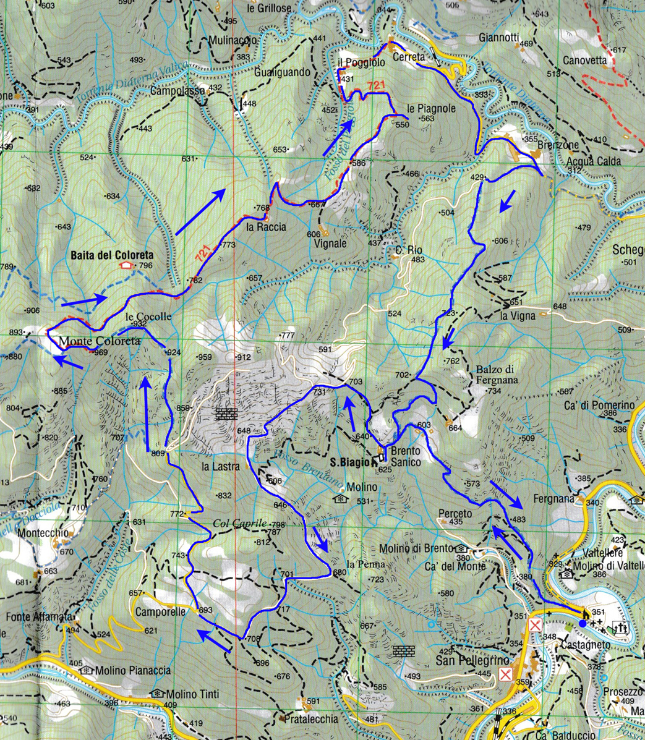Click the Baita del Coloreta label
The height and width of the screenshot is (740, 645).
(111, 255)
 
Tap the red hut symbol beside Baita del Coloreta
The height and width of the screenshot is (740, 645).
(127, 265)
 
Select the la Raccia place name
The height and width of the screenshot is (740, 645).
(266, 227)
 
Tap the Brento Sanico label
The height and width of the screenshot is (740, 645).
(405, 457)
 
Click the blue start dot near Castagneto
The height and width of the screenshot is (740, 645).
(583, 624)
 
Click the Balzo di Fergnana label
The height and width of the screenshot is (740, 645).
(497, 375)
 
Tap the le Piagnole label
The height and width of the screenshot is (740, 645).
(432, 108)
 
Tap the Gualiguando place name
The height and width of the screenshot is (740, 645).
(281, 72)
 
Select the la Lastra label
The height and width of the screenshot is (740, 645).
(221, 467)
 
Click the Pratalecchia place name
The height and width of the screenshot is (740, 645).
(312, 719)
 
